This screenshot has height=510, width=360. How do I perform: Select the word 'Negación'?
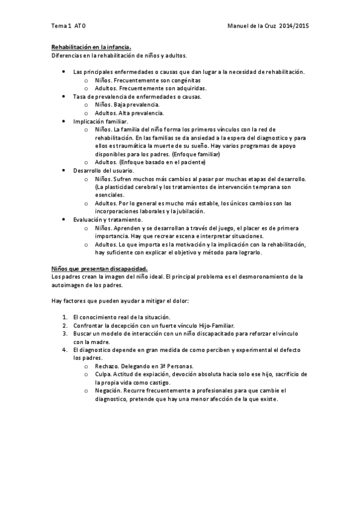click(109, 390)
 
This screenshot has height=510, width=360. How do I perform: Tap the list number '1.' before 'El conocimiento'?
click(65, 316)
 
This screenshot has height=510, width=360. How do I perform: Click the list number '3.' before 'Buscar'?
click(65, 333)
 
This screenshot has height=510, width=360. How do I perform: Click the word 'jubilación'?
click(190, 212)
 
